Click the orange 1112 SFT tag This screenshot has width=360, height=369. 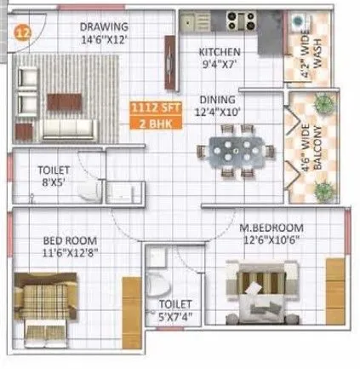coord(150,109)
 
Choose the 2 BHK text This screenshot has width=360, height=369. coord(150,122)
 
